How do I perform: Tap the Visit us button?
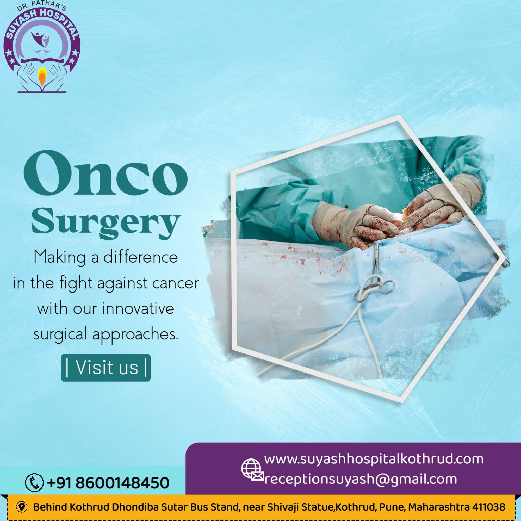point(106,368)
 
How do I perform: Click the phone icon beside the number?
point(34,483)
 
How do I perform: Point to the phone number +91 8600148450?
point(108,483)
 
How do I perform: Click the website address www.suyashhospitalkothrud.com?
point(374,459)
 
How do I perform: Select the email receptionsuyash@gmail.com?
point(361,479)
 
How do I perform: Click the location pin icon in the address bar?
point(22,507)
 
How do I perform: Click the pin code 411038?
point(489,507)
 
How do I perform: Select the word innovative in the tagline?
point(138,308)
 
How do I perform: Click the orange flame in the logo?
point(42,77)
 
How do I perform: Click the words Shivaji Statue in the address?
point(300,507)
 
